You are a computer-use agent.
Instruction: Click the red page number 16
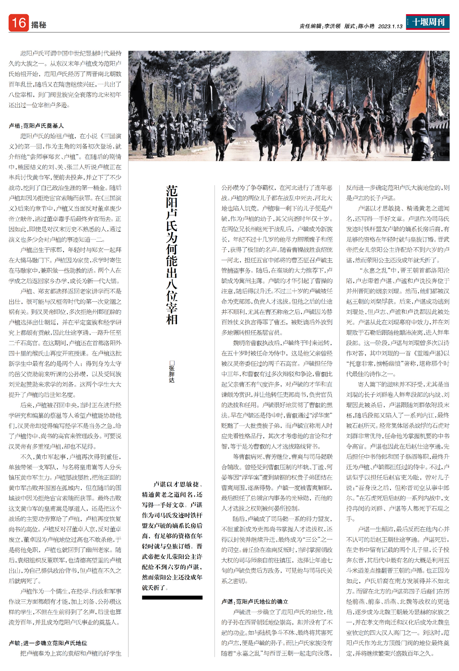click(18, 23)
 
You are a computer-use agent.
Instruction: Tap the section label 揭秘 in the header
click(39, 25)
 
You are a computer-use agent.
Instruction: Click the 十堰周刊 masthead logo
click(428, 22)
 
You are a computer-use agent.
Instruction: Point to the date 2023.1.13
click(390, 26)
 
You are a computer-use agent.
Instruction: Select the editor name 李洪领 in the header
click(332, 26)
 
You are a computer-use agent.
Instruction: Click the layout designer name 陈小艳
click(366, 26)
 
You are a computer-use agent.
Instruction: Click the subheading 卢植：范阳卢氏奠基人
click(36, 125)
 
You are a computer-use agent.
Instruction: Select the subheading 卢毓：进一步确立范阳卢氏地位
click(48, 643)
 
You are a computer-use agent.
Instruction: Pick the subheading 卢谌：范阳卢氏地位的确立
click(255, 601)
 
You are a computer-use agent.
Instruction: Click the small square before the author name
click(172, 363)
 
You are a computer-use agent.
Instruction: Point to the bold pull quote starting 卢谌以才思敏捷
click(172, 536)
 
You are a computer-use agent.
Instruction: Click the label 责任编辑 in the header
click(310, 26)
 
